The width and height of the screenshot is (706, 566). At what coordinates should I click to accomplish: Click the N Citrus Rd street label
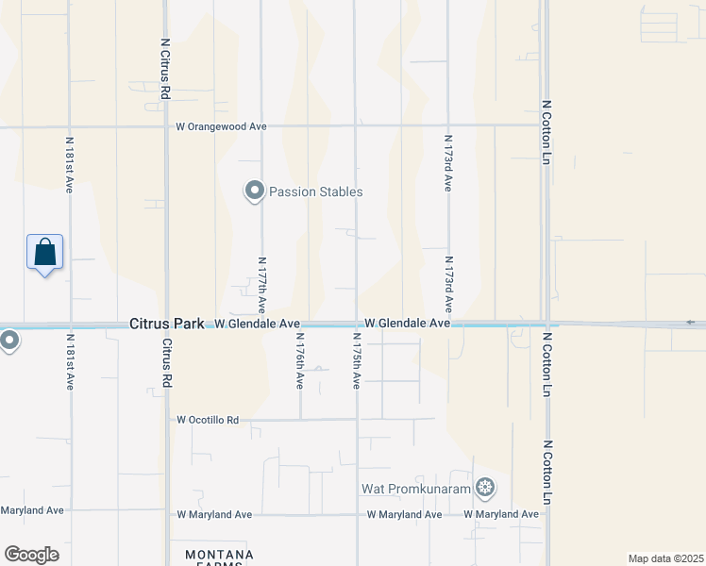click(x=164, y=69)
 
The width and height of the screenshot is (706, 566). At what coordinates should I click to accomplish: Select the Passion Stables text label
click(x=315, y=191)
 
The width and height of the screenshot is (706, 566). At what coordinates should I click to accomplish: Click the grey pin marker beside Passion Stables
click(x=254, y=191)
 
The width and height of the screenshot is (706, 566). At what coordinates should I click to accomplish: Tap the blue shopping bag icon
click(x=44, y=253)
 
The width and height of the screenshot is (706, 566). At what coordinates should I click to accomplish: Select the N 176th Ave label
click(x=299, y=360)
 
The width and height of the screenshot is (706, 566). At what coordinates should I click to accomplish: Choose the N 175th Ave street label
click(x=357, y=360)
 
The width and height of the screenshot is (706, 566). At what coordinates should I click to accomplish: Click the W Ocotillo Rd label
click(x=208, y=420)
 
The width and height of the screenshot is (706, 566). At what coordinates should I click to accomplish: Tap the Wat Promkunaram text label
click(x=416, y=489)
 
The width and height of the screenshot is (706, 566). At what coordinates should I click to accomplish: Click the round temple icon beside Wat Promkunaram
click(x=485, y=488)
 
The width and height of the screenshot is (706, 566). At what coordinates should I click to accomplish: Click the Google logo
click(x=31, y=555)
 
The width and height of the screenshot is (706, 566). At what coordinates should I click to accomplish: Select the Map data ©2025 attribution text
click(x=665, y=558)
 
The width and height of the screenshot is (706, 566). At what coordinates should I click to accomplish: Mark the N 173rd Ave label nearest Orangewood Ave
click(x=447, y=162)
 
